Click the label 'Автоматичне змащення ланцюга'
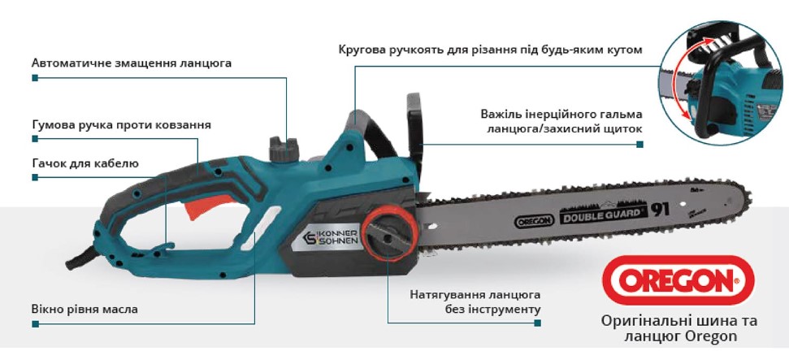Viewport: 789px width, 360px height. (x=132, y=63)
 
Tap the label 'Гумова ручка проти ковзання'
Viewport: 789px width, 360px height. (x=121, y=125)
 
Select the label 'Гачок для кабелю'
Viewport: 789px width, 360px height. (x=85, y=163)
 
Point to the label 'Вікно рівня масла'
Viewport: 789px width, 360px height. (x=85, y=309)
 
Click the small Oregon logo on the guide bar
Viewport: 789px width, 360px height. (x=534, y=219)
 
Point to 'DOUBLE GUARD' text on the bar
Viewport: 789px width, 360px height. (x=601, y=213)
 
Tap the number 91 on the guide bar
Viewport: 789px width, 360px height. (x=660, y=208)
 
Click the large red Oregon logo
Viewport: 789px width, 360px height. (x=678, y=280)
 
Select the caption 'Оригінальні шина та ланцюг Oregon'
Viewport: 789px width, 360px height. (x=678, y=328)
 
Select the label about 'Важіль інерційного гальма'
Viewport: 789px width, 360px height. (x=561, y=121)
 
